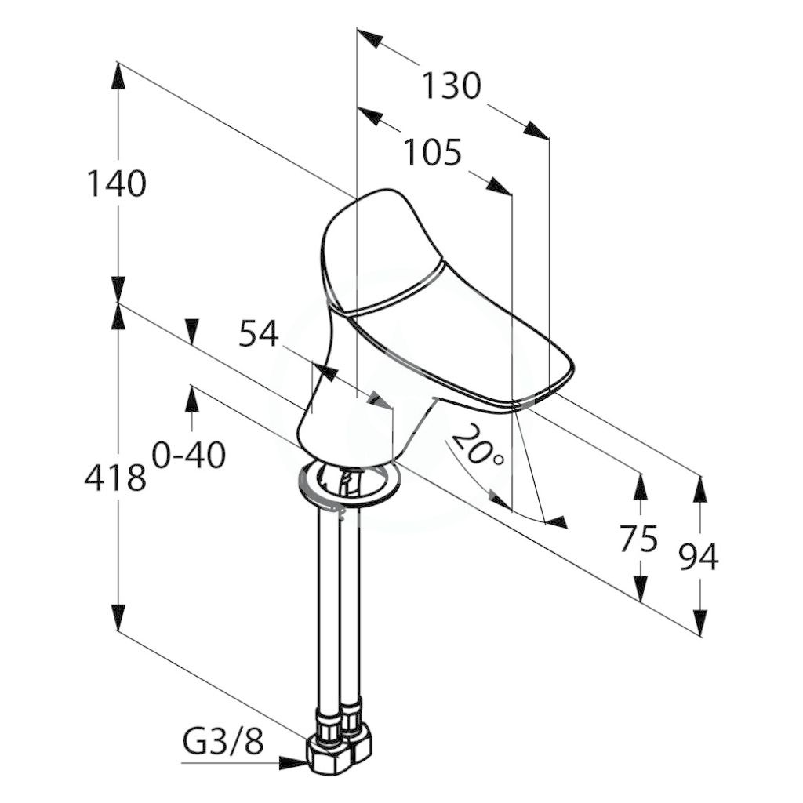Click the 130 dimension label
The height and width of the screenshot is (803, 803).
[451, 85]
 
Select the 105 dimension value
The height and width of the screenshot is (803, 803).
[433, 152]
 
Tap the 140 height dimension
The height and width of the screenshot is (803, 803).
[117, 183]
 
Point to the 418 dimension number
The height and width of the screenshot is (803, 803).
[115, 478]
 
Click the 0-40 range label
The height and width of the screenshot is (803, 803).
[188, 455]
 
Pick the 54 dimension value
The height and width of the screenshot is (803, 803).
[259, 332]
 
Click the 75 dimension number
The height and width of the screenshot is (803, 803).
[638, 538]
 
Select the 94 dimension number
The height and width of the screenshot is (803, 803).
[699, 558]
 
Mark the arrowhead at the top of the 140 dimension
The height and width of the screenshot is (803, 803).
[118, 76]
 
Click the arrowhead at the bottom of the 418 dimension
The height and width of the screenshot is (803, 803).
[118, 618]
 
